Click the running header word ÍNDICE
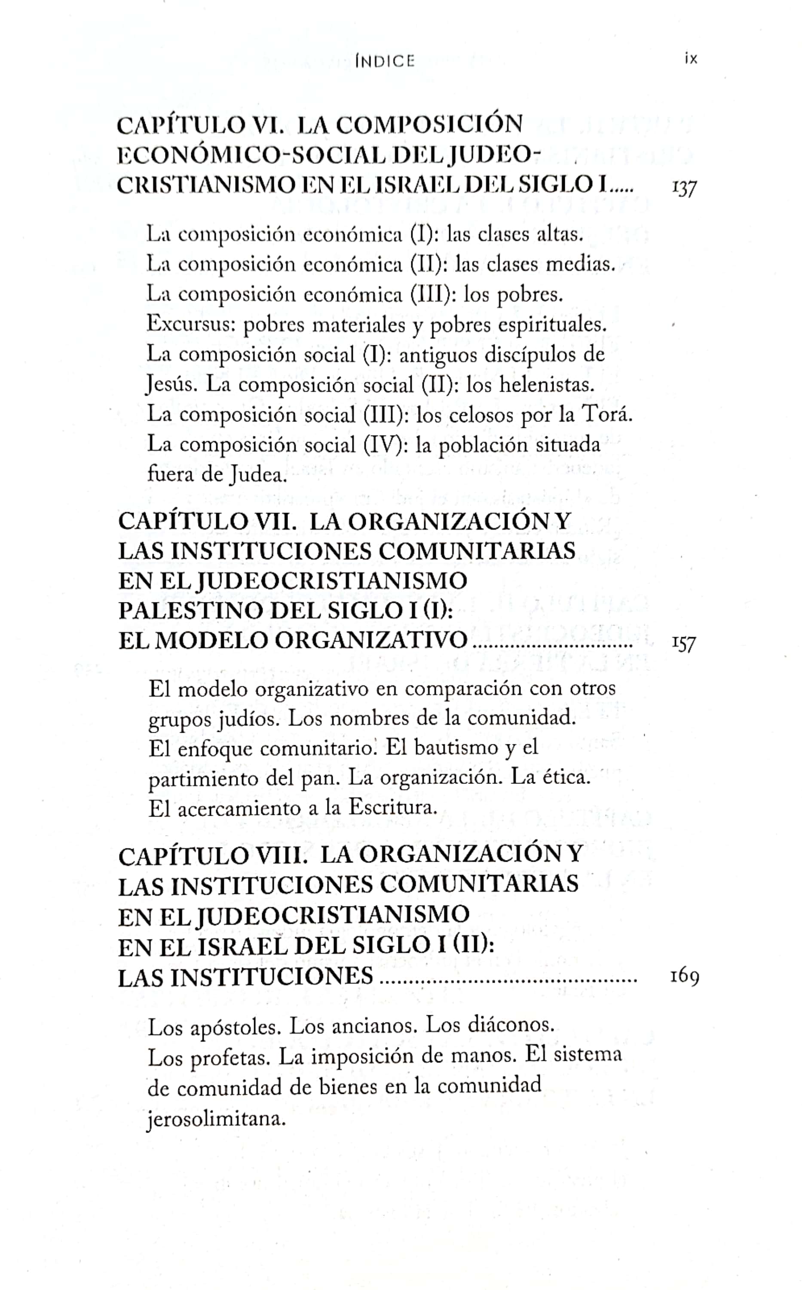point(385,61)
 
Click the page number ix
point(691,58)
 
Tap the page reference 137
point(684,187)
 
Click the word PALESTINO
point(190,611)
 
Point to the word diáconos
point(510,1025)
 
